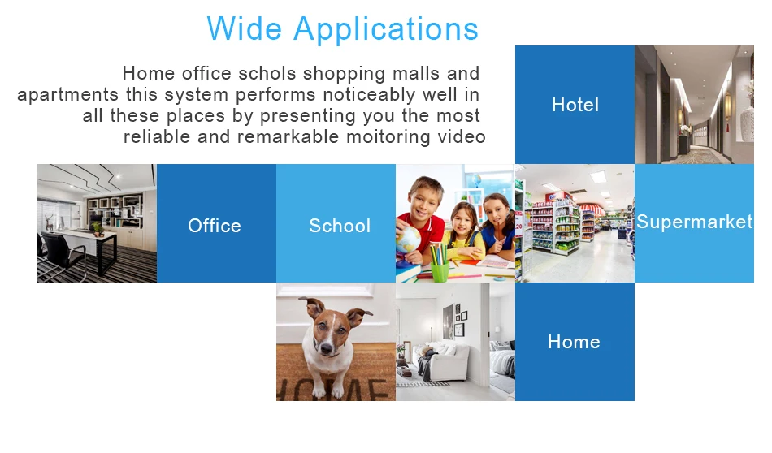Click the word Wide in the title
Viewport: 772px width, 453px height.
[x=245, y=28]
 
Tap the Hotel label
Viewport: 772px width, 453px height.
[x=575, y=105]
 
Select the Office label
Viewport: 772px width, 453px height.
[x=215, y=226]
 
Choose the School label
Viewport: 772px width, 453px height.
[x=339, y=226]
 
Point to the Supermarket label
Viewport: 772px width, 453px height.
[x=694, y=222]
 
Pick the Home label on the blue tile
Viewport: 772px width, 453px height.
[x=574, y=342]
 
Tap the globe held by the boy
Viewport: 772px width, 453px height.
[x=408, y=239]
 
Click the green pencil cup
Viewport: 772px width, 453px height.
[x=440, y=271]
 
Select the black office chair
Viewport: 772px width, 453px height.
[x=62, y=253]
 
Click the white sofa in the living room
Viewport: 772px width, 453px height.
[x=442, y=361]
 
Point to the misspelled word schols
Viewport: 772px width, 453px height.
[x=267, y=74]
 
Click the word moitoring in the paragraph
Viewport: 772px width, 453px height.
[x=388, y=137]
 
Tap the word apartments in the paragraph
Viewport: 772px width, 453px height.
[x=68, y=95]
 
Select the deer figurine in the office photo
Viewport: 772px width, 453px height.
[x=50, y=222]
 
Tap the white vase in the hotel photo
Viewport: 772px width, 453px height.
[x=747, y=123]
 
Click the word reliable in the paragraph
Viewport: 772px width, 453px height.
[x=157, y=136]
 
